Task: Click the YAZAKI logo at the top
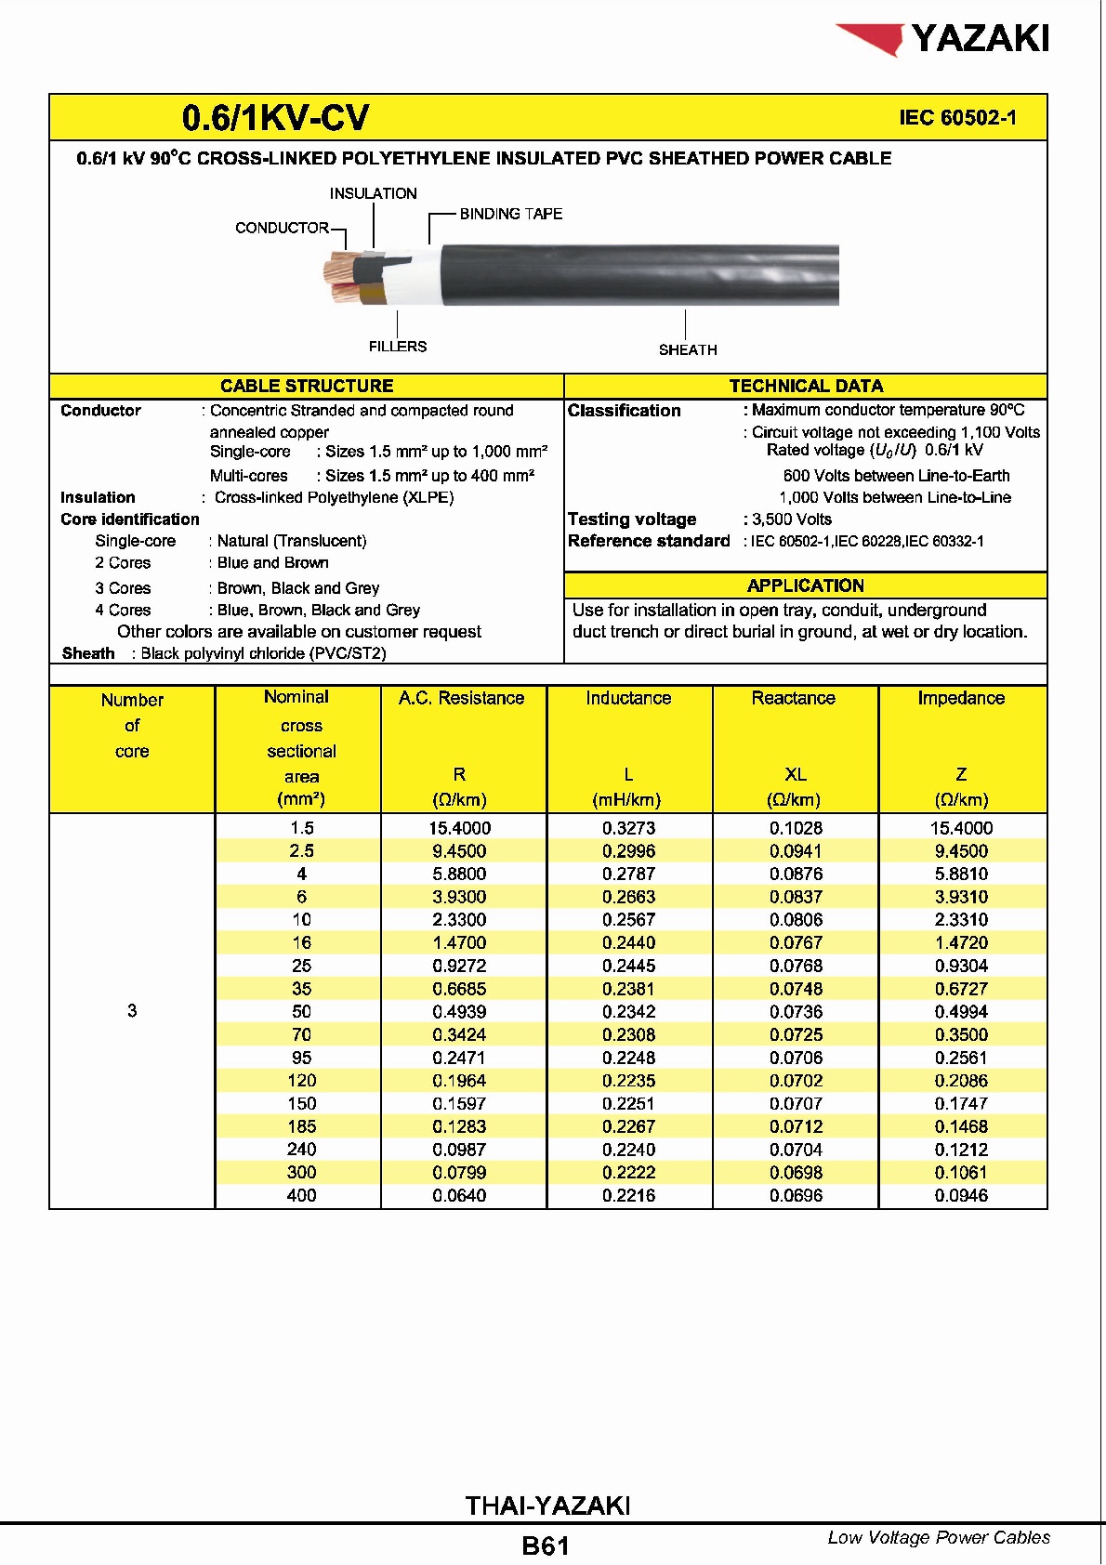[x=943, y=39]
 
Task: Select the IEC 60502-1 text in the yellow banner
[x=957, y=118]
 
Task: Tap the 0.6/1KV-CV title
[x=275, y=118]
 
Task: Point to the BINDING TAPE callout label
[x=510, y=214]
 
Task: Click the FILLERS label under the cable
[x=398, y=347]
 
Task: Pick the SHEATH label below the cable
[x=688, y=350]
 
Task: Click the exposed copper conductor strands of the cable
[x=337, y=276]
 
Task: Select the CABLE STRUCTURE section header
[x=307, y=386]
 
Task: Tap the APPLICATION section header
[x=805, y=585]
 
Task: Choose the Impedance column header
[x=961, y=698]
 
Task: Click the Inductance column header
[x=628, y=698]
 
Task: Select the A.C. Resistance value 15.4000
[x=460, y=828]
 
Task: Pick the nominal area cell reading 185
[x=302, y=1126]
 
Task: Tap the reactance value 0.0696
[x=796, y=1196]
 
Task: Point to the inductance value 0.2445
[x=628, y=966]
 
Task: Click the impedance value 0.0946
[x=961, y=1196]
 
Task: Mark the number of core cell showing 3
[x=132, y=1010]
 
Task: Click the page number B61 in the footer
[x=546, y=1546]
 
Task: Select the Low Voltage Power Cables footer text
[x=939, y=1538]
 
